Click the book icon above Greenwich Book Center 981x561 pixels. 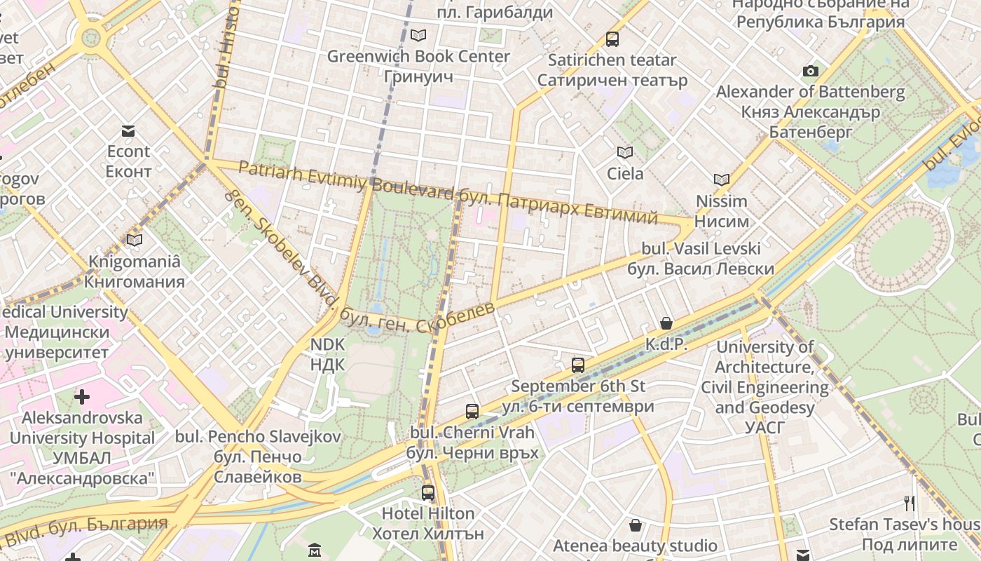pos(418,35)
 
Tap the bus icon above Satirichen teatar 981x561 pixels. pos(612,39)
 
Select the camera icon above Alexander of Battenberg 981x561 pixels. pos(811,71)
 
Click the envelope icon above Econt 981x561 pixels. pos(128,131)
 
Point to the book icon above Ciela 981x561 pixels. pos(624,152)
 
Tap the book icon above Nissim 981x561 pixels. pos(722,180)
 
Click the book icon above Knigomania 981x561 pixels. pos(134,241)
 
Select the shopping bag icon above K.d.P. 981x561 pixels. pos(666,323)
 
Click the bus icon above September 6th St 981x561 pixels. pos(578,365)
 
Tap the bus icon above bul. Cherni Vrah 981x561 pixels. pos(472,412)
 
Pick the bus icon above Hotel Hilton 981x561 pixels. pos(427,493)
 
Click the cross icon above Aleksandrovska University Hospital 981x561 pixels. pos(82,397)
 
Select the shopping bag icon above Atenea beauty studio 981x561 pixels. pos(636,525)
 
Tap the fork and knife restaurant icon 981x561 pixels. pos(910,503)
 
